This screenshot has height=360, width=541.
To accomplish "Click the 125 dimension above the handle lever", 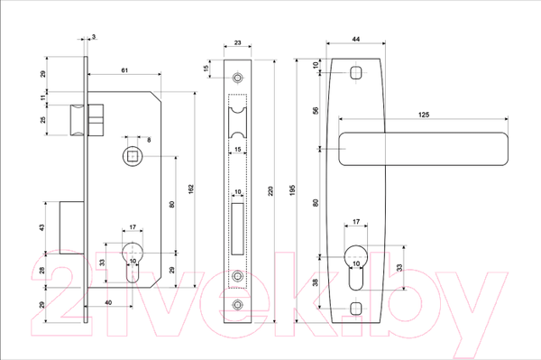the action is tap(424, 115).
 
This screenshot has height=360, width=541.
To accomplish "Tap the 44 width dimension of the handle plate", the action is tap(356, 39).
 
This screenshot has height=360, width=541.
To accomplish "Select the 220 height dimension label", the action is tap(270, 191).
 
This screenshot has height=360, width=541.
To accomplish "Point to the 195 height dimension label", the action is tap(292, 190).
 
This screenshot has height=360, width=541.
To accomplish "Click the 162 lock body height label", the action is tap(191, 189).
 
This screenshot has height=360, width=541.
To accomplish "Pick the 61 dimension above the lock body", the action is tap(124, 70).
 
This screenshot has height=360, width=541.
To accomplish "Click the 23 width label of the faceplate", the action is tap(238, 42).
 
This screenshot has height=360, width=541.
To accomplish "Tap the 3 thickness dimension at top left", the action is tap(94, 36).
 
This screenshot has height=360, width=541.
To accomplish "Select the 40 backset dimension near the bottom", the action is tap(108, 302).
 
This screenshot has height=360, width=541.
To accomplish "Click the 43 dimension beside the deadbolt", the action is tap(41, 227).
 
